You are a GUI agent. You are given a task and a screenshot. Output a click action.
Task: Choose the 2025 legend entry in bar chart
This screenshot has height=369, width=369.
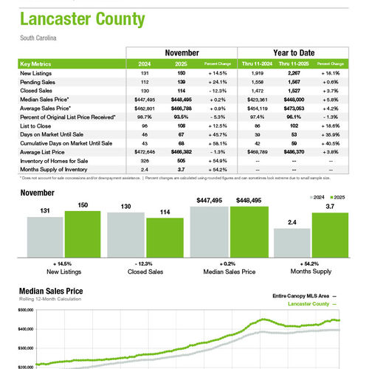pos(339,198)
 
